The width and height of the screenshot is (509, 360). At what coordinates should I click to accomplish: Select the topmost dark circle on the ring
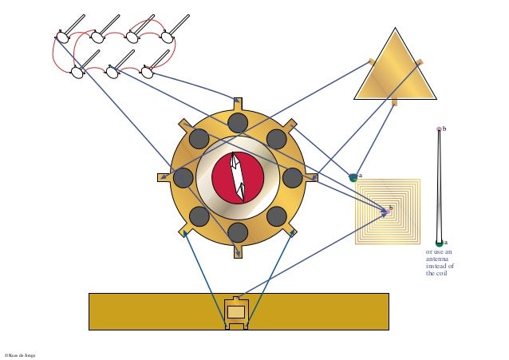pyautogui.click(x=238, y=122)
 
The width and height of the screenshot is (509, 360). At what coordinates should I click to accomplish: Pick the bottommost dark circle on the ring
pyautogui.click(x=238, y=232)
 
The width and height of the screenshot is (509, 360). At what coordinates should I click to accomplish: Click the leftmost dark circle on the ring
pyautogui.click(x=183, y=177)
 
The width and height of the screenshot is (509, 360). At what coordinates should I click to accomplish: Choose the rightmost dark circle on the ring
pyautogui.click(x=293, y=177)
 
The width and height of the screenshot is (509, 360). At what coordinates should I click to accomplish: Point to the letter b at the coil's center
pyautogui.click(x=391, y=208)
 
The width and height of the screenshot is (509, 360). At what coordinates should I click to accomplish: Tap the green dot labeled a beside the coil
pyautogui.click(x=353, y=177)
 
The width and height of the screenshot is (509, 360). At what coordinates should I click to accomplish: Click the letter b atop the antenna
pyautogui.click(x=444, y=129)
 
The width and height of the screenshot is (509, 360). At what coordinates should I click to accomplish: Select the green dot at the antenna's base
pyautogui.click(x=439, y=243)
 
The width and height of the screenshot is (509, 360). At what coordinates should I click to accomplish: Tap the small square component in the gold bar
pyautogui.click(x=236, y=311)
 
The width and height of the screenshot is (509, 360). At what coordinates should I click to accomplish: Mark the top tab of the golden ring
pyautogui.click(x=238, y=101)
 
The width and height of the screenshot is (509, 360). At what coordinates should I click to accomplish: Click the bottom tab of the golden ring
pyautogui.click(x=238, y=252)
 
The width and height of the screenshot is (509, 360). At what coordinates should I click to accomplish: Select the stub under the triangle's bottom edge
pyautogui.click(x=394, y=102)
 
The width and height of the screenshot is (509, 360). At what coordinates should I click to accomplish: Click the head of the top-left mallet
pyautogui.click(x=62, y=36)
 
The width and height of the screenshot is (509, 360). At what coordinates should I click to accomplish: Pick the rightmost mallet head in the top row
pyautogui.click(x=168, y=36)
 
